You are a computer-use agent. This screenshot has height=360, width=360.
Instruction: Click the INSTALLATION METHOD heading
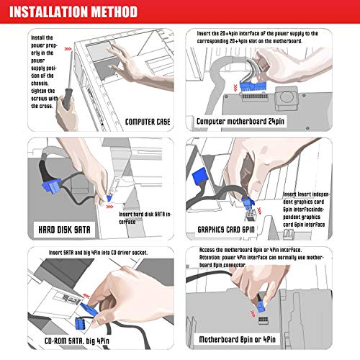pos(73,12)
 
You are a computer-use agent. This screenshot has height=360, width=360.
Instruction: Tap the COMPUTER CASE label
pos(148,122)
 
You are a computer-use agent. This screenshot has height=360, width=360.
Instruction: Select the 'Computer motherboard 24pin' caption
pos(240,122)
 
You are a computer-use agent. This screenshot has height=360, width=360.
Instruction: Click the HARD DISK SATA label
pos(64,230)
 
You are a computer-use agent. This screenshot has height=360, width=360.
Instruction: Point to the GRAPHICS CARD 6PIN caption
pos(226,230)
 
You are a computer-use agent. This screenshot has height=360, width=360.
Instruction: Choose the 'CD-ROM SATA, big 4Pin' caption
pos(77,341)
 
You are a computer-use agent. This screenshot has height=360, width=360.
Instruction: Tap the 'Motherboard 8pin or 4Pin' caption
pos(238,339)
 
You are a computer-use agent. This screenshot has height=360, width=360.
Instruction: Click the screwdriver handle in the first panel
pos(67,98)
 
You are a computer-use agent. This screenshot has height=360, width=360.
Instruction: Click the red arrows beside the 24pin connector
pos(235,88)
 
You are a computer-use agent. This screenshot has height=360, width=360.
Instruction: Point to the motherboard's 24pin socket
pos(254,97)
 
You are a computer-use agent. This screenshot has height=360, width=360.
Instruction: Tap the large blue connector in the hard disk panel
pos(52,186)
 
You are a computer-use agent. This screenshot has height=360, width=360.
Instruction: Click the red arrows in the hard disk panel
pos(109,207)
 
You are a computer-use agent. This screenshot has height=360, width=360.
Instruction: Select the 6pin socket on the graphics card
pos(251,215)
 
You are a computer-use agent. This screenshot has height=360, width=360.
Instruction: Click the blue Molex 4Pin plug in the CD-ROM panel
pos(80,323)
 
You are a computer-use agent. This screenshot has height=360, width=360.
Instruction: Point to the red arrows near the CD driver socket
pos(86,296)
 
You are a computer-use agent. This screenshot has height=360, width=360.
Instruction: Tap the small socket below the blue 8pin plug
pos(264,320)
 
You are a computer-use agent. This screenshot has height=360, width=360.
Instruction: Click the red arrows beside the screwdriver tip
pos(68,49)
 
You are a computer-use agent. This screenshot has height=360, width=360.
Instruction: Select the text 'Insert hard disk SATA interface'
pos(145,218)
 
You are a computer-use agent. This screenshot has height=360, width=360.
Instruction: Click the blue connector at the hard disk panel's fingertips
pos(109,198)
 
